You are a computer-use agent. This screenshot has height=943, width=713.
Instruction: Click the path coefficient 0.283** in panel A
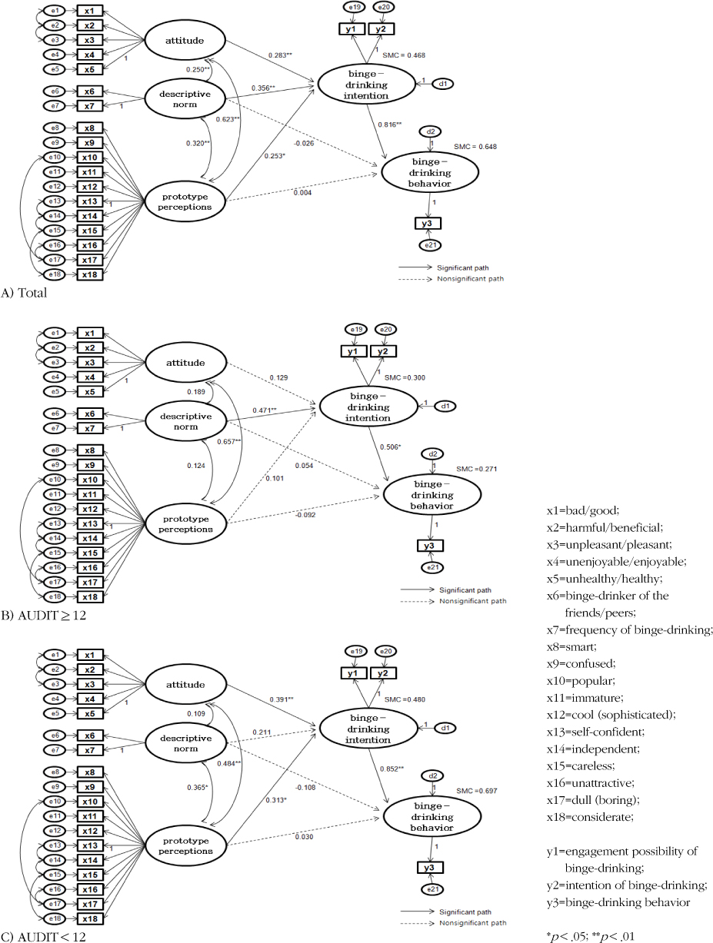[282, 55]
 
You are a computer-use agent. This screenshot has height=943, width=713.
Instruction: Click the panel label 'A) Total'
[25, 292]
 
